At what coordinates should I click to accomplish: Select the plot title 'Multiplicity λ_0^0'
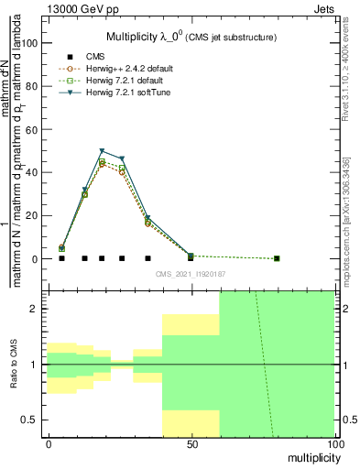147,37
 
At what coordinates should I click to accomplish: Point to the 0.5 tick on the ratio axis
33,420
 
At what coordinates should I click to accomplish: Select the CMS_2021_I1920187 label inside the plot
191,274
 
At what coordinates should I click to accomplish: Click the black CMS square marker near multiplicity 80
277,258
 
